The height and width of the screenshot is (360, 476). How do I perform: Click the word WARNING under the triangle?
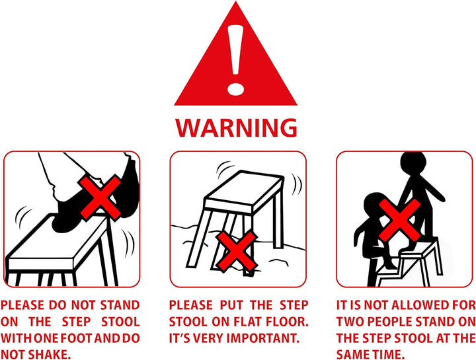point(236,127)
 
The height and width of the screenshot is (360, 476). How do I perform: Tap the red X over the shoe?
point(100,197)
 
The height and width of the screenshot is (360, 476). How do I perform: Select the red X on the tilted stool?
point(237,250)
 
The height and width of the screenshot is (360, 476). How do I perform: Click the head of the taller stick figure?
point(413,164)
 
